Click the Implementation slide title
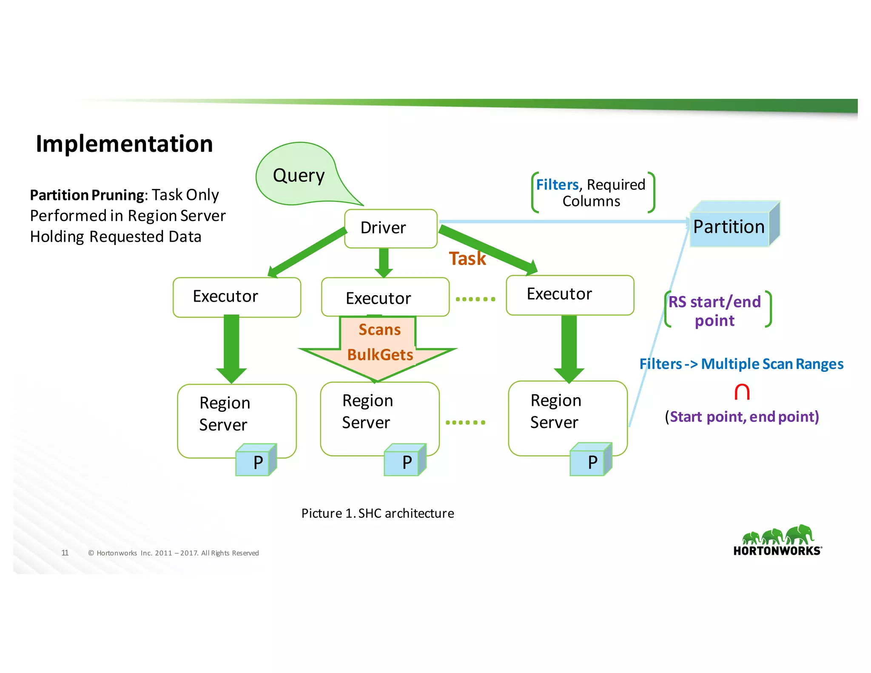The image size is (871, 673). [x=124, y=144]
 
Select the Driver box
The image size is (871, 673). [x=390, y=228]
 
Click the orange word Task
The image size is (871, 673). [x=467, y=259]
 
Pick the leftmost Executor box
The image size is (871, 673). [x=236, y=297]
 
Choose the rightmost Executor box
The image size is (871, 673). [x=569, y=295]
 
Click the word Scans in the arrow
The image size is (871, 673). [x=379, y=330]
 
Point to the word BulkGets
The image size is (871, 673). [x=380, y=355]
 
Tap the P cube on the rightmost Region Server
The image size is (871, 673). [x=591, y=461]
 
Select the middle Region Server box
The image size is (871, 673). [x=379, y=413]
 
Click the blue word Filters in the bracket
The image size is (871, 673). [x=557, y=185]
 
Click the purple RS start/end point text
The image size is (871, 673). [x=715, y=311]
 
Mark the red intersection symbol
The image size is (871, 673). [x=742, y=392]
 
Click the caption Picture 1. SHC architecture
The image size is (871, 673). [x=378, y=513]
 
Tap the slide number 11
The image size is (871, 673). [x=65, y=553]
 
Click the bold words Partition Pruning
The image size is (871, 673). [x=87, y=195]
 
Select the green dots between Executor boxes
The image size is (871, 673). [x=475, y=299]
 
